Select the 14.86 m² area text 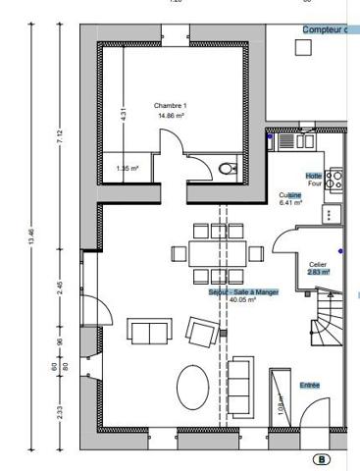point(171,115)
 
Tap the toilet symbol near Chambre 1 point(228,169)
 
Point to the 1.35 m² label point(128,168)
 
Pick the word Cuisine point(289,195)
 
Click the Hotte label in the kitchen point(314,176)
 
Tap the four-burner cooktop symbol point(334,179)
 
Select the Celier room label point(317,264)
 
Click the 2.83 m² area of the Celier point(318,272)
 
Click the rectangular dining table point(213,252)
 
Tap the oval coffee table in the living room point(191,387)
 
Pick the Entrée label point(310,385)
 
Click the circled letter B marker point(321,458)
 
